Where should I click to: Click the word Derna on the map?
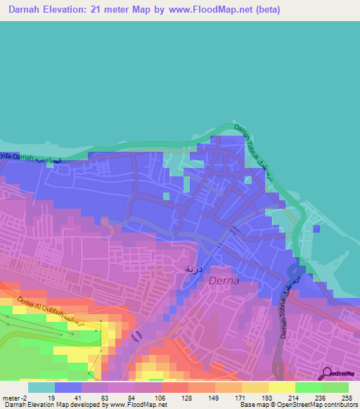point(224,281)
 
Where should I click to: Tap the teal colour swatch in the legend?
point(41,387)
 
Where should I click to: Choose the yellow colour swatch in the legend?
point(281,387)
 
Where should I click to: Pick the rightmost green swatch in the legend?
point(335,387)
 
